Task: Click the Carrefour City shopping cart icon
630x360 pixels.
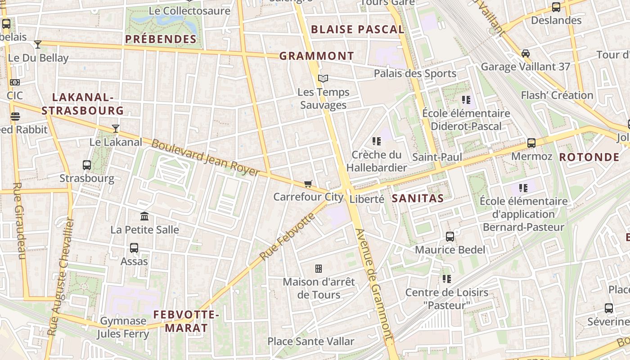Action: pos(308,184)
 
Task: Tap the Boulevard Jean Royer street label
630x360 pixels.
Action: pos(205,158)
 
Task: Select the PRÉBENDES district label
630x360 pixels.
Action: pos(161,39)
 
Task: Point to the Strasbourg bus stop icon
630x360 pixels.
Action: pos(87,165)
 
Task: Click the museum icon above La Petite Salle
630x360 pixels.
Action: pos(144,216)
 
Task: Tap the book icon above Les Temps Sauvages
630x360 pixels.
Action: pos(323,79)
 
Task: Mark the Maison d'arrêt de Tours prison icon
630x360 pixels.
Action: pos(319,269)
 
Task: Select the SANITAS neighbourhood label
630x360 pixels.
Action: pos(418,198)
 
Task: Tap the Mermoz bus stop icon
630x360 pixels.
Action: pos(531,143)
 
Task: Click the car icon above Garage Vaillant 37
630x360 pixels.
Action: pos(525,54)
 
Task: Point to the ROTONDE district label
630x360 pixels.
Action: pos(589,157)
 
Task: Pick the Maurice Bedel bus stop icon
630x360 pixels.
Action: pos(450,236)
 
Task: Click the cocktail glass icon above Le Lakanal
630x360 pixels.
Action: pos(116,129)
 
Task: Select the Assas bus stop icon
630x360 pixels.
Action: pos(134,247)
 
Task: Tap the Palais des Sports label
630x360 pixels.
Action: pos(415,73)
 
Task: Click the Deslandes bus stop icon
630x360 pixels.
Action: pos(556,7)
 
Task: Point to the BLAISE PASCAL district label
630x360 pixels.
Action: pos(358,30)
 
